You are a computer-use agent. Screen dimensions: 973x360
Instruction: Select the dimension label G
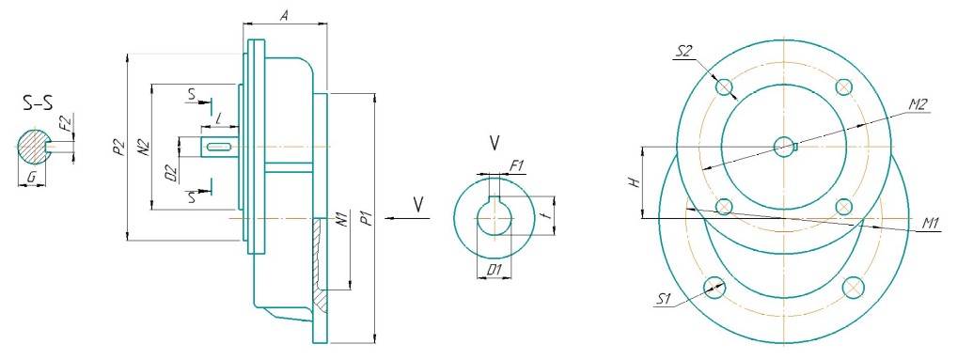click(x=32, y=179)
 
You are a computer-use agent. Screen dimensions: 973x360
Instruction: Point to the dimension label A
click(x=284, y=16)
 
